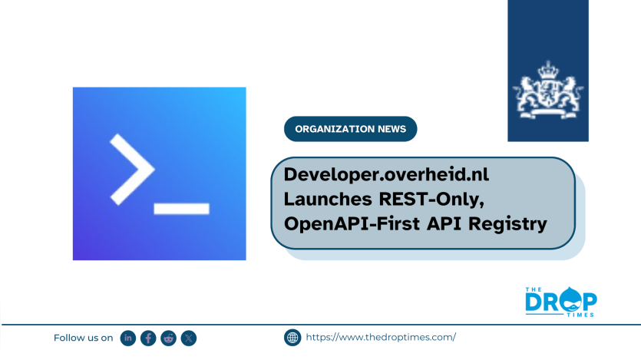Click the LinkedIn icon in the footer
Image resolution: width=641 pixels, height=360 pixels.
click(x=128, y=338)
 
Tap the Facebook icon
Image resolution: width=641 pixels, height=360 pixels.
click(x=148, y=338)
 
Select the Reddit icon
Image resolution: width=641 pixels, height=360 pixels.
click(x=168, y=338)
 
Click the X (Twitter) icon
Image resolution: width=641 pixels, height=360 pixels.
click(x=189, y=338)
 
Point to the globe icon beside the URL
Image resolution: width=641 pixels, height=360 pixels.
click(x=292, y=338)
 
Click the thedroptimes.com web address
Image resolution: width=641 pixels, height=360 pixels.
click(x=381, y=337)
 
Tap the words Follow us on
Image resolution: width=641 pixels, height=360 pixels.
click(x=84, y=338)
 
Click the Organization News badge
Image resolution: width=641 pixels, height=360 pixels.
click(x=350, y=129)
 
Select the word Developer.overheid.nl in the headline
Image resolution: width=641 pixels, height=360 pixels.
click(x=386, y=174)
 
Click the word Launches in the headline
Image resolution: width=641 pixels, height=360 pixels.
click(x=328, y=199)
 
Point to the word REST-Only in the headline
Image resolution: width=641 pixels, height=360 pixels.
click(x=431, y=200)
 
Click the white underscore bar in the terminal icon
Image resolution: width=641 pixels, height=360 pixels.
click(x=181, y=208)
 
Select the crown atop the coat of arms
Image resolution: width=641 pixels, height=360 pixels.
click(x=548, y=71)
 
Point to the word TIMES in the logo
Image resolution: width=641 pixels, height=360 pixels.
click(x=580, y=315)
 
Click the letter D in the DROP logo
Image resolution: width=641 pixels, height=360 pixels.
click(x=534, y=302)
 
